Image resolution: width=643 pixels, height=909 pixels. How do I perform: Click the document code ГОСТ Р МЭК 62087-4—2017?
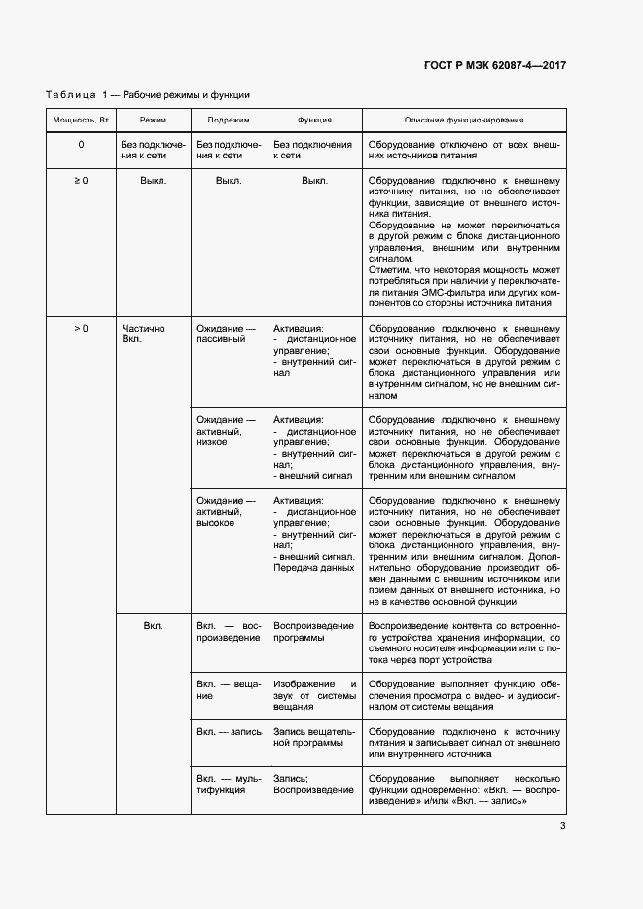click(495, 65)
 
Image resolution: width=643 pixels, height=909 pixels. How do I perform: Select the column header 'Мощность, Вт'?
click(81, 121)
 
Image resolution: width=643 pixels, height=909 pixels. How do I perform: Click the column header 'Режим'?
click(153, 121)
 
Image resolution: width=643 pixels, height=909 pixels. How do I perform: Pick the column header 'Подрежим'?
click(229, 121)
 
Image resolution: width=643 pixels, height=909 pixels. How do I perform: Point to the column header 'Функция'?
click(314, 121)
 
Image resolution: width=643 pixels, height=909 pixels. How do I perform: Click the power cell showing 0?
click(81, 145)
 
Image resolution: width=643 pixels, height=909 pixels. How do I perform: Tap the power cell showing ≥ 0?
click(81, 181)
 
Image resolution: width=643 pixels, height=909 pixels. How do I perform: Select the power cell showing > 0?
click(81, 329)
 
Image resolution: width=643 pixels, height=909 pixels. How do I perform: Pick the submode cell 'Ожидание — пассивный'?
click(227, 334)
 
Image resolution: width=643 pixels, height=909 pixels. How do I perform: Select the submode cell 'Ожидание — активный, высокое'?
click(227, 511)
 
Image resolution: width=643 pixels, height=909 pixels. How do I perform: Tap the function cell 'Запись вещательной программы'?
click(314, 738)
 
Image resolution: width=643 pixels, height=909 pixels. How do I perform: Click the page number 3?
click(563, 827)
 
